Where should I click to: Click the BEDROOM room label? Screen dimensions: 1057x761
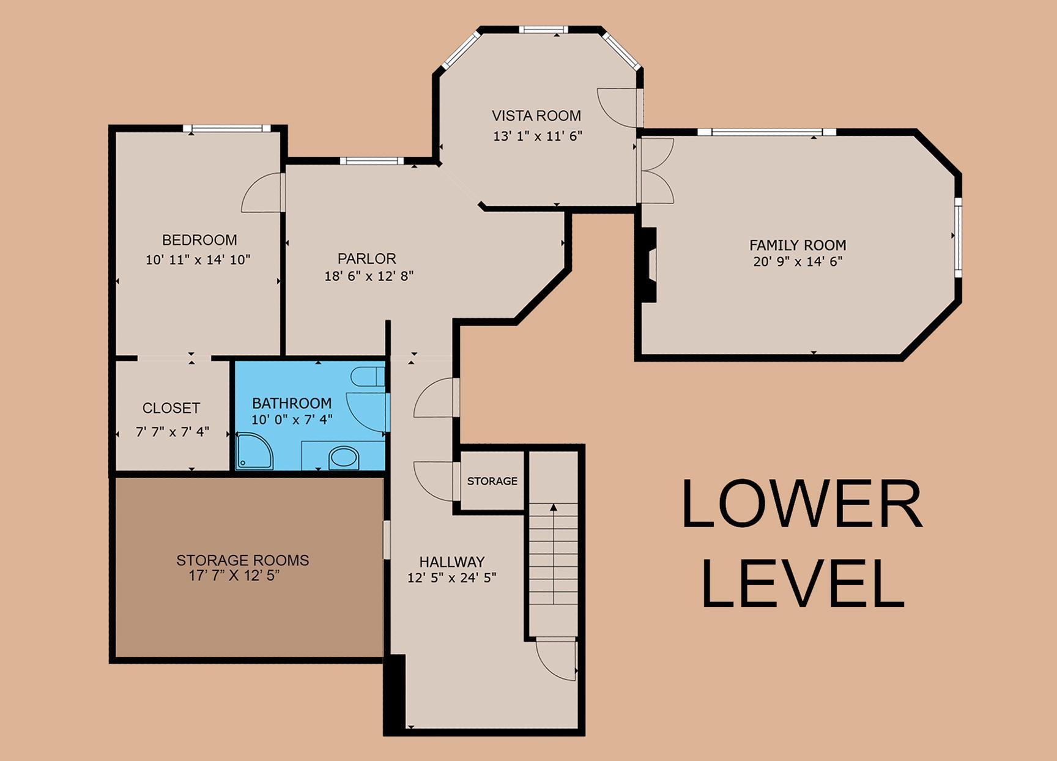(x=199, y=240)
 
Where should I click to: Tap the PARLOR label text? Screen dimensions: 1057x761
(x=367, y=259)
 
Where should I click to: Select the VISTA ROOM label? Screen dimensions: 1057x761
(x=536, y=116)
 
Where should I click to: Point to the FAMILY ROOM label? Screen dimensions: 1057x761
(x=798, y=245)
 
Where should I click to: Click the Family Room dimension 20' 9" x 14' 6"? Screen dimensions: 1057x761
(x=798, y=262)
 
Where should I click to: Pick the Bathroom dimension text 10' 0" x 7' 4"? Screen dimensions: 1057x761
(x=292, y=420)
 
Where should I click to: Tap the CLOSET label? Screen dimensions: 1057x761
(x=171, y=408)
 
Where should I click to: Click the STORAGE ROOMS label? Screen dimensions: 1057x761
(x=243, y=560)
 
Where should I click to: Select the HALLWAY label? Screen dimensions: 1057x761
(x=452, y=562)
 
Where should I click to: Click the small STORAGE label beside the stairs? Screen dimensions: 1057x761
(x=492, y=481)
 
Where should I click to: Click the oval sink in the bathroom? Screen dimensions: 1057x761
(x=344, y=458)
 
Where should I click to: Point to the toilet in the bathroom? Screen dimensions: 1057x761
(x=367, y=376)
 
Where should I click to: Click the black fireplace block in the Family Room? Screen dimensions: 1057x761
(x=648, y=265)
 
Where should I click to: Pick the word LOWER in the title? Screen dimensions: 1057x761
(x=802, y=503)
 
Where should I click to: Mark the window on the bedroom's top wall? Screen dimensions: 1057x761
(x=226, y=128)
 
